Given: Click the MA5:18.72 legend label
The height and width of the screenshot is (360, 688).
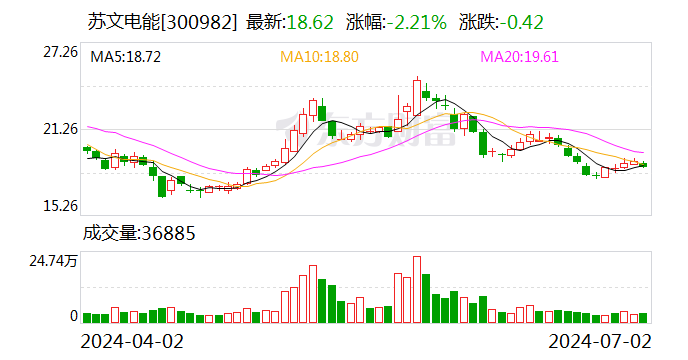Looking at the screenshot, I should (125, 57).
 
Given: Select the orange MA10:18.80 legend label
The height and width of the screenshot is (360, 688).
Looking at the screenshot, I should (319, 57).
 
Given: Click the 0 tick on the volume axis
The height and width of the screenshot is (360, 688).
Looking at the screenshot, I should (74, 316).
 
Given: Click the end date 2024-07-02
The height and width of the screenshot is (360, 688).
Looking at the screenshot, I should (597, 341).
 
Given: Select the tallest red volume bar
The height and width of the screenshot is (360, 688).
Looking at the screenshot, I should (417, 289).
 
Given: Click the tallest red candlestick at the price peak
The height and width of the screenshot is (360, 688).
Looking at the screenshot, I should (417, 98).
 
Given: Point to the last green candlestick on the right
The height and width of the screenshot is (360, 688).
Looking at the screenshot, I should (643, 165).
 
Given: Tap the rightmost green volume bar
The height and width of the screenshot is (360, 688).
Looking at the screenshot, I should (643, 318).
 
